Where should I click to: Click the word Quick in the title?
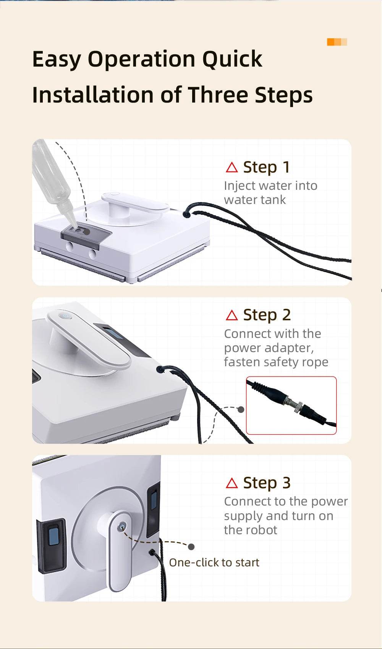[232, 59]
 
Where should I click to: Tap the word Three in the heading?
[219, 95]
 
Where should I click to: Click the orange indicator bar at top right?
[337, 42]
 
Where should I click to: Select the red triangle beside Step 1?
[231, 167]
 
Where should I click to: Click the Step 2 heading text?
[267, 315]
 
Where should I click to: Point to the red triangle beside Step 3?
[231, 483]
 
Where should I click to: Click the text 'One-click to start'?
[214, 563]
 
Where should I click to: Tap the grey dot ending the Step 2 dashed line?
[241, 409]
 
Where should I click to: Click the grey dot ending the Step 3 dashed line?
[191, 547]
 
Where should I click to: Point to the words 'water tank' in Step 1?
[255, 200]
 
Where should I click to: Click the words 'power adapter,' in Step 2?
[269, 348]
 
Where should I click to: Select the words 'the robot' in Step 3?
[250, 530]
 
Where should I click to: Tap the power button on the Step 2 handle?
[65, 316]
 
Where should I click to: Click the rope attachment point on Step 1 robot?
[186, 214]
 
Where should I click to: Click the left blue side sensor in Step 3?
[53, 535]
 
